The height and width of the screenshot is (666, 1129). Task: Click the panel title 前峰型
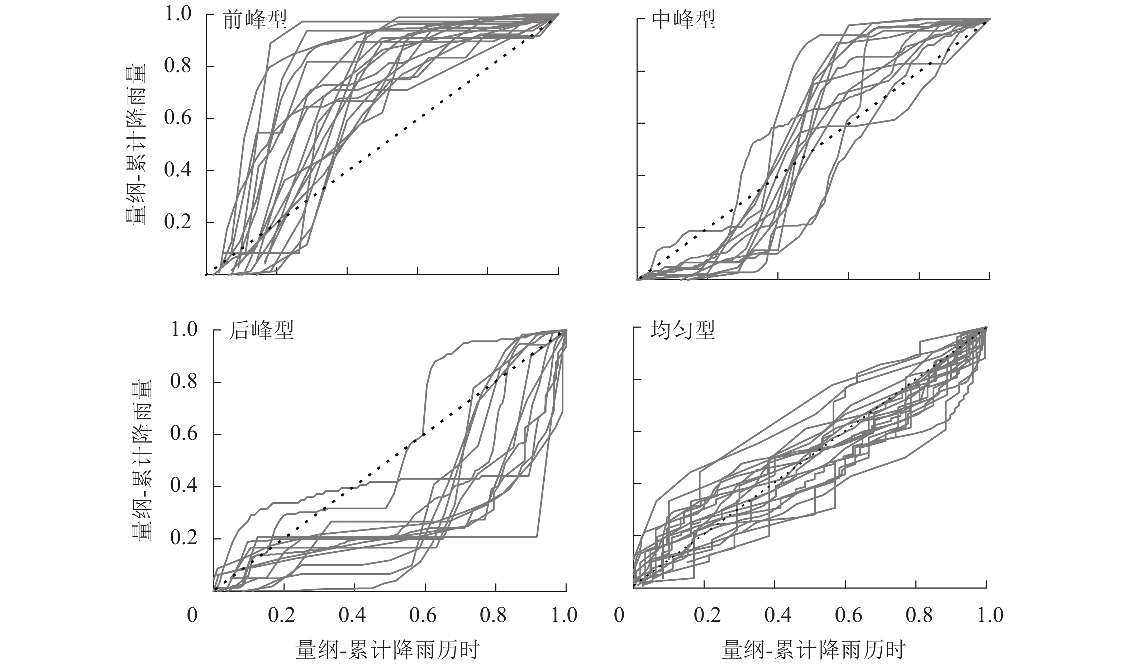(x=254, y=20)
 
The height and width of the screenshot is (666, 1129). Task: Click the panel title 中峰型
(x=683, y=20)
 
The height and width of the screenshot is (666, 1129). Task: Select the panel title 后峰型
(x=261, y=331)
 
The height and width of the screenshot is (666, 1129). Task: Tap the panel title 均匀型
(x=682, y=331)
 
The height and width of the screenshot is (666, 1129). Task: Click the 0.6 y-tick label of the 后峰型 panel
(x=184, y=434)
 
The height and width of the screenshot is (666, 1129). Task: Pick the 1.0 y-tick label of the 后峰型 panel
(x=184, y=330)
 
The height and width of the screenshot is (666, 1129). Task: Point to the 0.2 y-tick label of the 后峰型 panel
(x=184, y=538)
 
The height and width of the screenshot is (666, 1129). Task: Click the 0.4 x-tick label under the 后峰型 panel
(x=352, y=615)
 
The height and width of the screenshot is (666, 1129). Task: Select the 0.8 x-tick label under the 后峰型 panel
(x=493, y=615)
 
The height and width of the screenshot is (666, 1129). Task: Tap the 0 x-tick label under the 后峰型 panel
(x=192, y=615)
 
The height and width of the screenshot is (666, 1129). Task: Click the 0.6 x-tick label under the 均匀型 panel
(x=849, y=615)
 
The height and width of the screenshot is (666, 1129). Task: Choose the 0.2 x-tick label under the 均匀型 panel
(x=707, y=615)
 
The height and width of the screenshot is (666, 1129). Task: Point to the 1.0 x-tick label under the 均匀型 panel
(x=990, y=615)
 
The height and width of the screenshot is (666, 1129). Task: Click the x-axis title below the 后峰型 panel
(x=388, y=650)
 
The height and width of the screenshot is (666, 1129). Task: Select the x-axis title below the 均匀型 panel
(x=813, y=650)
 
